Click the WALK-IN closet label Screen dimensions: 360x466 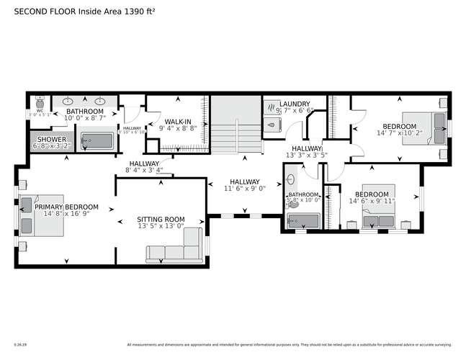point(178,122)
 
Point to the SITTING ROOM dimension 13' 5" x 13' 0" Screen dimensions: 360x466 point(161,228)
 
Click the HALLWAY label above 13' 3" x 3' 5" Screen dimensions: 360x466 point(306,148)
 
